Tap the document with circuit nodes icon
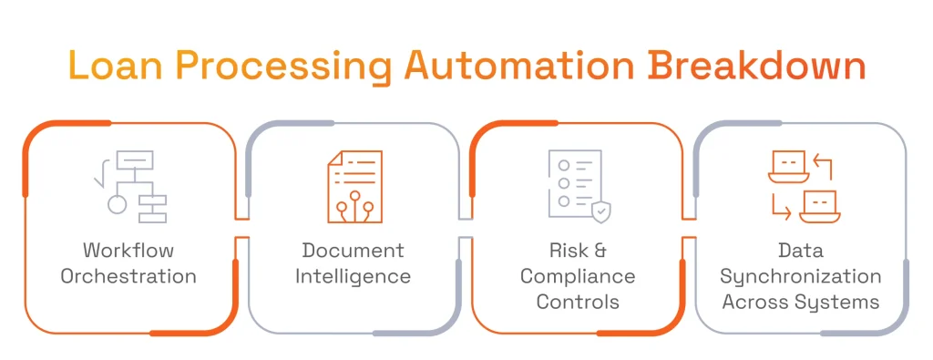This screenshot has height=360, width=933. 354,187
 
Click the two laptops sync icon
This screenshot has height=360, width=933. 803,187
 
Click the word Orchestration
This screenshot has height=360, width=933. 128,275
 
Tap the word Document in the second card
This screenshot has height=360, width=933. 354,250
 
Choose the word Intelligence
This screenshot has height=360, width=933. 354,275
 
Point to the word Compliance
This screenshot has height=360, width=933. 578,276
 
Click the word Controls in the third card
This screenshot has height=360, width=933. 578,302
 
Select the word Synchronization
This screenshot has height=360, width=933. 801,276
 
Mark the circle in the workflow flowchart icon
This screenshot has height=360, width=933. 118,204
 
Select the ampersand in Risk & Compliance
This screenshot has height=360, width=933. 598,250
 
